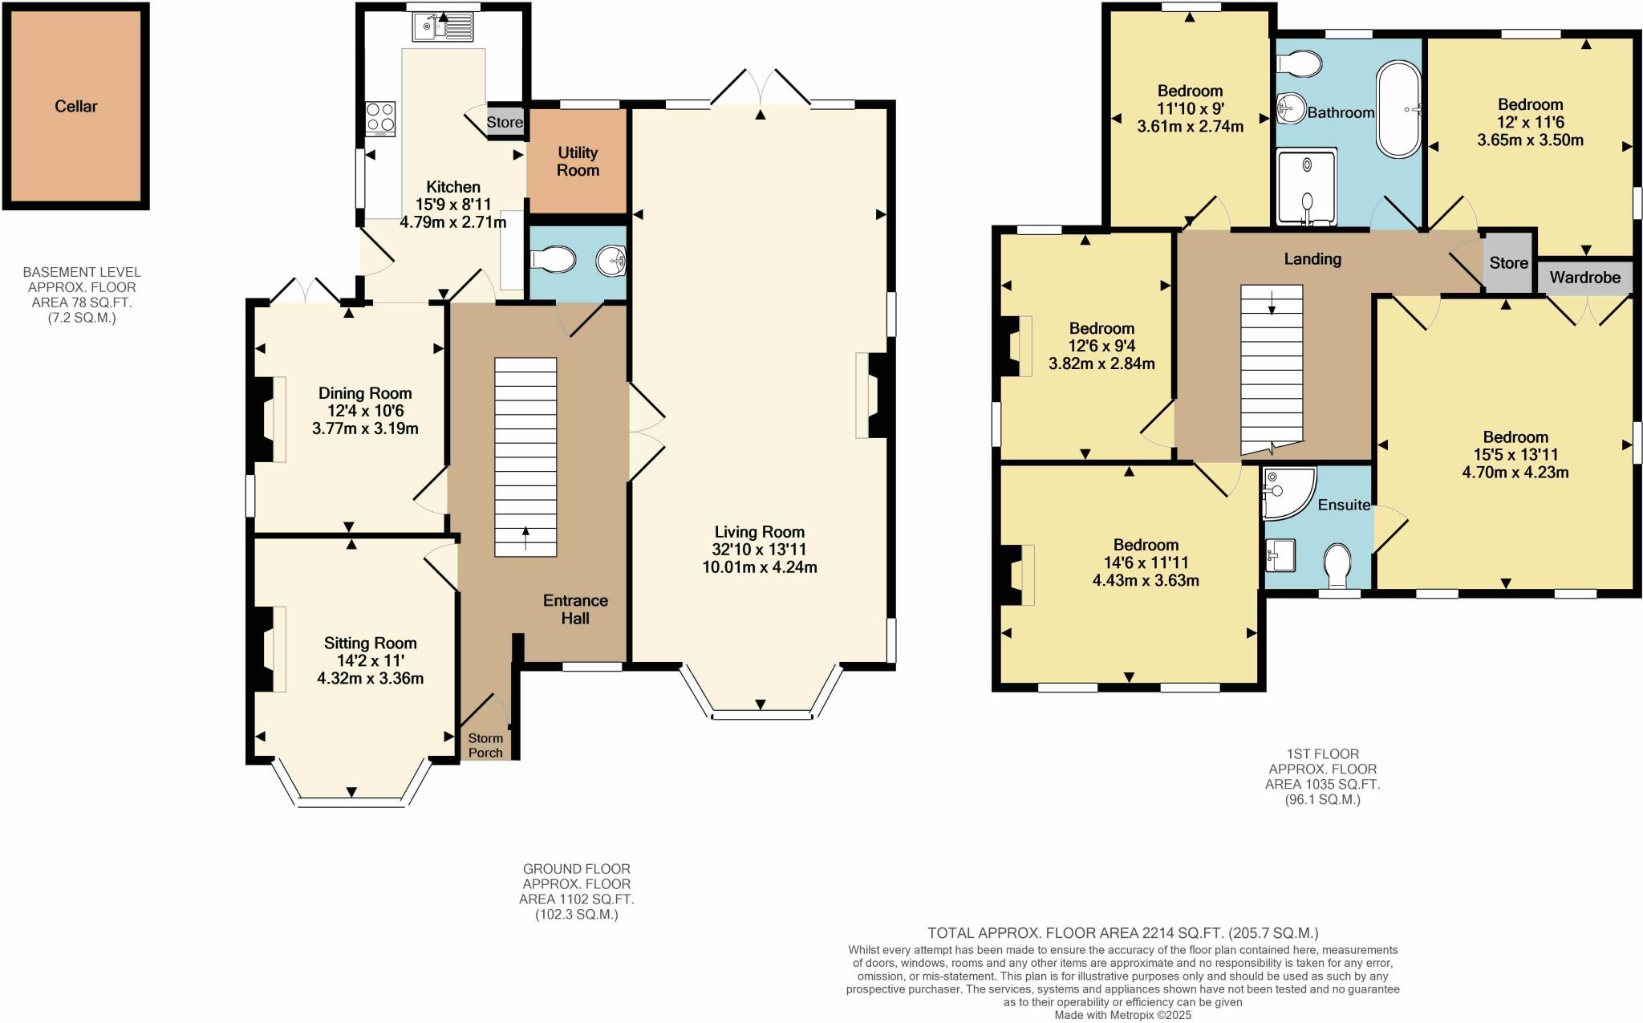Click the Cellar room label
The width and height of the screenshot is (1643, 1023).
click(x=76, y=107)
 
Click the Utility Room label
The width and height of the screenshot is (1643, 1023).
click(x=578, y=161)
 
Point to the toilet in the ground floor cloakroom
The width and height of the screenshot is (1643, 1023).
click(x=554, y=259)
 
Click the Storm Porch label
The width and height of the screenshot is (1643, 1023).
click(x=485, y=745)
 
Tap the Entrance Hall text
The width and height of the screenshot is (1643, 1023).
click(x=575, y=609)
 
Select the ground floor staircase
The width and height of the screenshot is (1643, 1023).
click(x=525, y=457)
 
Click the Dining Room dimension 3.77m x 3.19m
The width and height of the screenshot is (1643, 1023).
click(x=365, y=428)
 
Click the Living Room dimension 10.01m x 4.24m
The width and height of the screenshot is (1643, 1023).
click(x=759, y=567)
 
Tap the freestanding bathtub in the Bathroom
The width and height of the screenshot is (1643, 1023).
click(x=1399, y=108)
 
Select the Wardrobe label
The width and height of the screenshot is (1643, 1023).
click(x=1584, y=278)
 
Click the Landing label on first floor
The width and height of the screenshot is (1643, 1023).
click(x=1312, y=259)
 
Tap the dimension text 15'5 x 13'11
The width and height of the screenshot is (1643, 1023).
click(x=1515, y=455)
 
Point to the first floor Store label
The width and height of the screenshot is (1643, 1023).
click(x=1508, y=263)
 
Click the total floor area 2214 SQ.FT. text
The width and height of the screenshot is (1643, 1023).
click(x=1122, y=933)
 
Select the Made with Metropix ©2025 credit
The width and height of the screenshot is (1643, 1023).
click(x=1122, y=1015)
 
